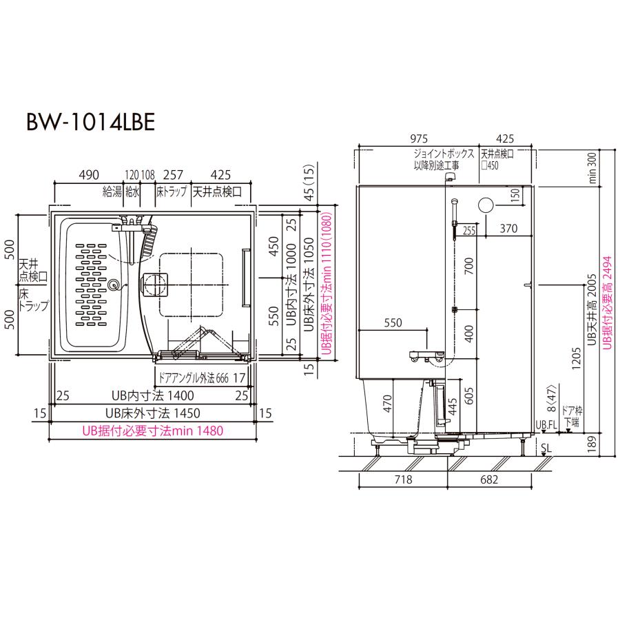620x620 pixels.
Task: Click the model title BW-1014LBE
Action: (x=85, y=122)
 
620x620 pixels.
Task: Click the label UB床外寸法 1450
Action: (x=146, y=413)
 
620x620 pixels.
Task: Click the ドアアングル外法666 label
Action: (x=193, y=377)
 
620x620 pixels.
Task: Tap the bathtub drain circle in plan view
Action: (x=114, y=283)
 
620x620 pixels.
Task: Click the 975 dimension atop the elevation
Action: (x=418, y=138)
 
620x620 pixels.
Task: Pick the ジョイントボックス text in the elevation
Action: (x=444, y=156)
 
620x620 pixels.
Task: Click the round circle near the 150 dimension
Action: (x=485, y=205)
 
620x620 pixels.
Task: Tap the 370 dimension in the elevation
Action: (x=508, y=228)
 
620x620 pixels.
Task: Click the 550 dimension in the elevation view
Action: (x=393, y=322)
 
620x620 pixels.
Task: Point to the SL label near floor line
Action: (x=545, y=448)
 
